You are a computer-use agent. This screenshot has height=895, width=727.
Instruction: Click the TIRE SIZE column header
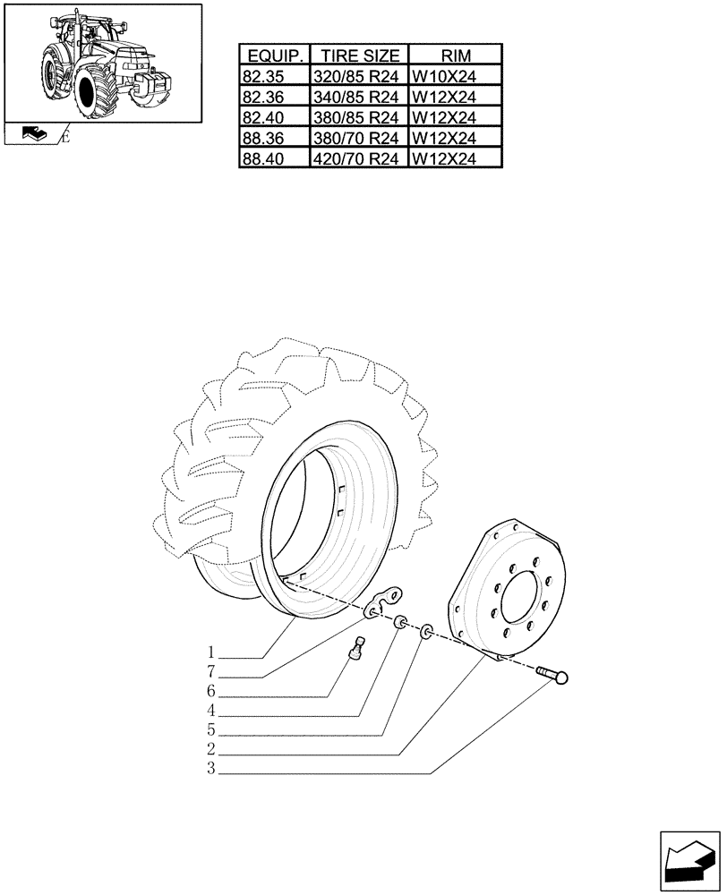[358, 55]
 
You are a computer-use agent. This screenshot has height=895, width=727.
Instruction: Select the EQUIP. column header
[273, 55]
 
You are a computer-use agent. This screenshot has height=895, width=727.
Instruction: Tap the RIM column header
[455, 55]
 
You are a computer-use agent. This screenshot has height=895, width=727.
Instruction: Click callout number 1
[210, 651]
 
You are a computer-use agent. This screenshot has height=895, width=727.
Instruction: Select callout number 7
[210, 671]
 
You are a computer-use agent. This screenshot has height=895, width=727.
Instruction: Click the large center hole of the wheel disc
[520, 597]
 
